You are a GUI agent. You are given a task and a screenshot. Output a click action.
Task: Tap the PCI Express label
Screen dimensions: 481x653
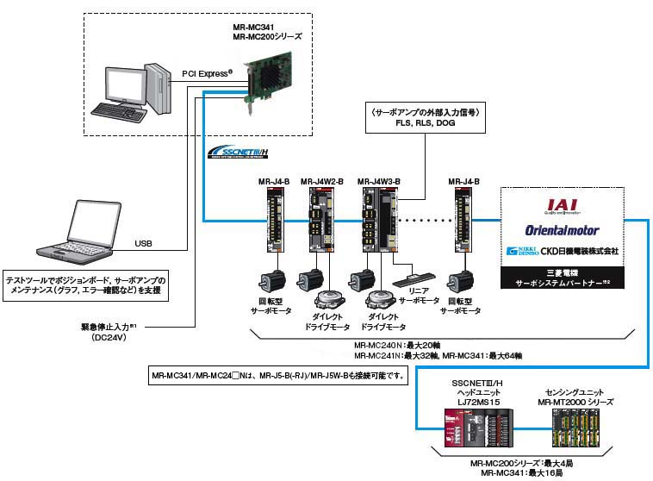pos(208,73)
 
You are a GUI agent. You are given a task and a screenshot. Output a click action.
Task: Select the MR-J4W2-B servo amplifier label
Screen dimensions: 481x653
pos(322,182)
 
